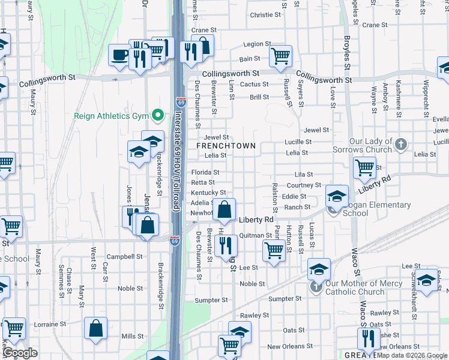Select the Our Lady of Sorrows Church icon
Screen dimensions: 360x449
point(402,145)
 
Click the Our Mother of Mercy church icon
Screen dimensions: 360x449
point(317,287)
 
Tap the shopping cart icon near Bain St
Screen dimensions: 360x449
point(280,56)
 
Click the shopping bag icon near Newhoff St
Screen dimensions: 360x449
point(224,210)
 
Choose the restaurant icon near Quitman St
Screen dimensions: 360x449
point(226,245)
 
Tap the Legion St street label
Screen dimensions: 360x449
point(257,44)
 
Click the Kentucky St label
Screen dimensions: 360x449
point(208,193)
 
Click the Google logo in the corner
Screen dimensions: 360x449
point(20,353)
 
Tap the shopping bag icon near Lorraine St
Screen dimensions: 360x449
point(96,329)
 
